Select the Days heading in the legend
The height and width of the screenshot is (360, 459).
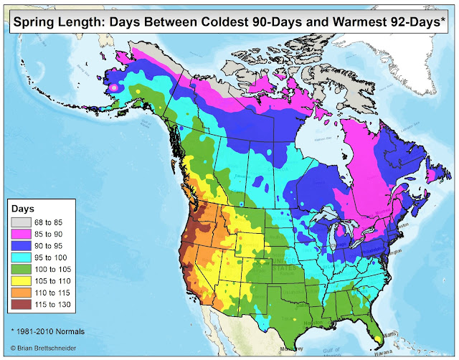23,208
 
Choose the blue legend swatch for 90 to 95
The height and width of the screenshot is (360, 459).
19,245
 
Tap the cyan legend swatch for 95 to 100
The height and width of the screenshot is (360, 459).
19,257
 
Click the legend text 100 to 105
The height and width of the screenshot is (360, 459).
53,269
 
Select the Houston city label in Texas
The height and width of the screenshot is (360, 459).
285,321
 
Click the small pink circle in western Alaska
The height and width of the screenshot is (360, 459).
113,87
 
